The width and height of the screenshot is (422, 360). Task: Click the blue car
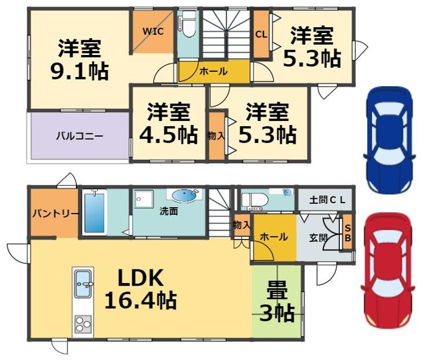pyautogui.click(x=388, y=139)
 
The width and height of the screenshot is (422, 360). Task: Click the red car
pyautogui.click(x=387, y=270)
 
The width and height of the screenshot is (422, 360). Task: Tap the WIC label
pyautogui.click(x=153, y=32)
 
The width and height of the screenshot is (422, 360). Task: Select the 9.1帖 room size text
pyautogui.click(x=80, y=71)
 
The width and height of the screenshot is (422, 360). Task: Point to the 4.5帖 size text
pyautogui.click(x=168, y=135)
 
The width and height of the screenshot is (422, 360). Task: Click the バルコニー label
pyautogui.click(x=80, y=136)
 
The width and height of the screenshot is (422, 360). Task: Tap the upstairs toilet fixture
pyautogui.click(x=188, y=24)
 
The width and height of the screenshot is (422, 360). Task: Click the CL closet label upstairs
pyautogui.click(x=261, y=34)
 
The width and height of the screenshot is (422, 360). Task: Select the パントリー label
pyautogui.click(x=55, y=214)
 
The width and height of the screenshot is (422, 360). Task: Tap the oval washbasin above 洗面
pyautogui.click(x=183, y=196)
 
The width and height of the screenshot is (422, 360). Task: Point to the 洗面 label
pyautogui.click(x=169, y=211)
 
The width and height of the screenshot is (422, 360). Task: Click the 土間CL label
pyautogui.click(x=327, y=200)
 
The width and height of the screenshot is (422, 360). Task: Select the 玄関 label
pyautogui.click(x=318, y=238)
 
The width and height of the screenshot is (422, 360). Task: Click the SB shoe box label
pyautogui.click(x=348, y=233)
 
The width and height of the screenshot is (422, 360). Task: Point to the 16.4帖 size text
pyautogui.click(x=140, y=300)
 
